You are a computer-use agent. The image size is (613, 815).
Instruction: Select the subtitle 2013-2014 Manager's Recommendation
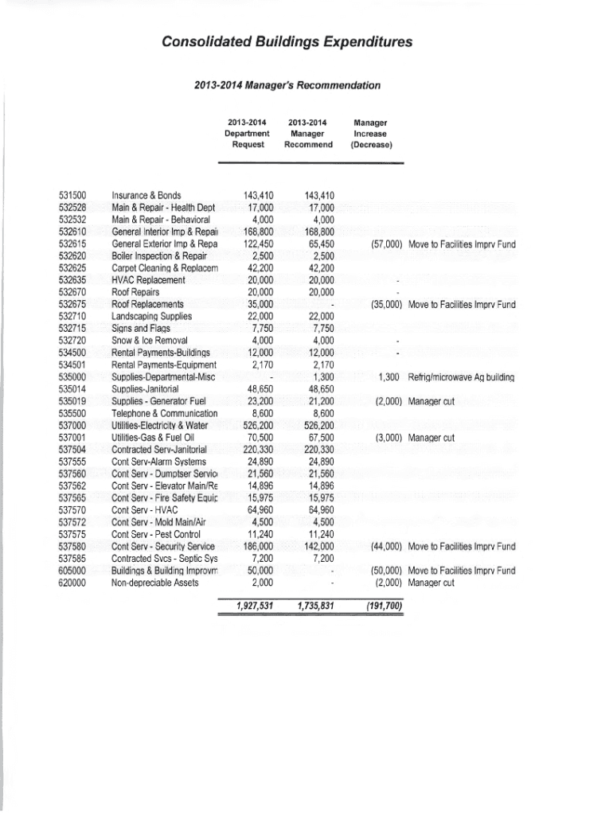pos(287,85)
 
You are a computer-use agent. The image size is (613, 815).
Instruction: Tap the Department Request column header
pos(247,134)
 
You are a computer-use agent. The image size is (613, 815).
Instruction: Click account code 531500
pos(73,195)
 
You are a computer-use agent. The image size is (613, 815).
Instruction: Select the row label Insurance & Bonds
pos(146,195)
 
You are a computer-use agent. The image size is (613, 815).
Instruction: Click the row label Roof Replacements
pos(148,305)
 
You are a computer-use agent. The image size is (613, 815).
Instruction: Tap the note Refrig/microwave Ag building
pos(461,376)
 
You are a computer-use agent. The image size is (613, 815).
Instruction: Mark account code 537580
pos(73,548)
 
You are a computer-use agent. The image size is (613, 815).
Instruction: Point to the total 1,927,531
pos(255,606)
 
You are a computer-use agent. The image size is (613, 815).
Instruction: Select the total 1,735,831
pos(314,606)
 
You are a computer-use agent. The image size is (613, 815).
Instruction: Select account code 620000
pos(73,583)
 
